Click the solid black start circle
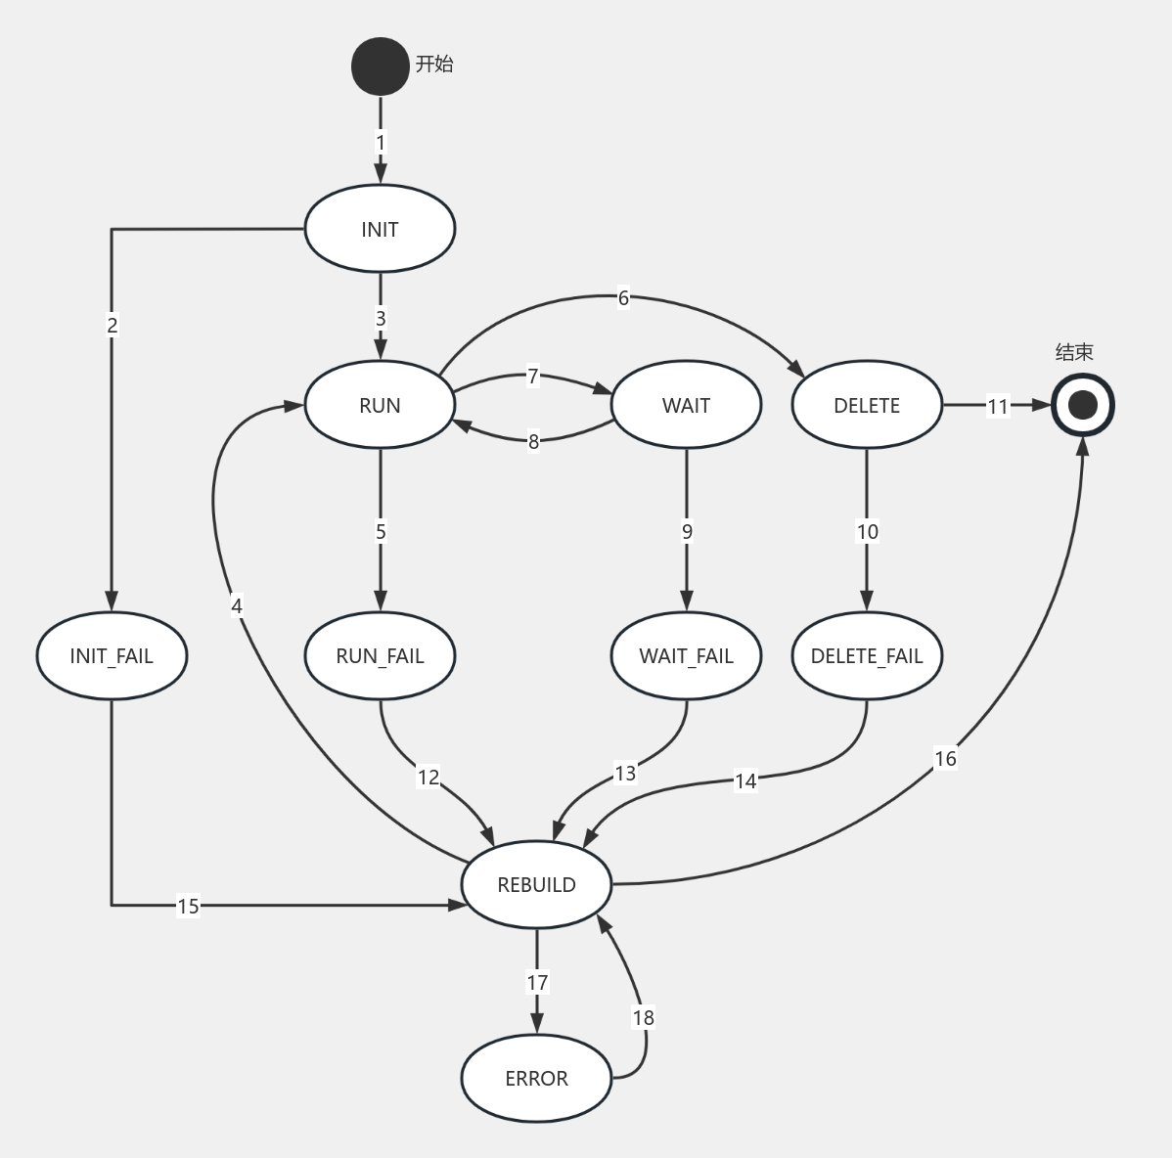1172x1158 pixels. click(x=381, y=67)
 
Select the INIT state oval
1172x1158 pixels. click(x=380, y=229)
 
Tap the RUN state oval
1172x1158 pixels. click(x=380, y=405)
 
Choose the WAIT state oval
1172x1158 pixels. click(x=686, y=405)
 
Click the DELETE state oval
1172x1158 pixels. click(x=867, y=405)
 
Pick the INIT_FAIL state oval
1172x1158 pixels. click(x=112, y=655)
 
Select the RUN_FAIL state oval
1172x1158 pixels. click(x=380, y=655)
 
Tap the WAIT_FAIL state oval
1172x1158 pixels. click(x=686, y=655)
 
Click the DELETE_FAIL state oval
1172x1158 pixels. click(x=867, y=655)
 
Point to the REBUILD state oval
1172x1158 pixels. click(x=536, y=884)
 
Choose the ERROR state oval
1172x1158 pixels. click(x=536, y=1078)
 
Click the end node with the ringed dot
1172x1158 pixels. click(x=1083, y=405)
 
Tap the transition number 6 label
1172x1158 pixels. click(x=623, y=297)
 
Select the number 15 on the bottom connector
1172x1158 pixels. click(x=188, y=906)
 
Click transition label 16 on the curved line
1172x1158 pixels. click(x=945, y=758)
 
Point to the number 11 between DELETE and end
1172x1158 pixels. click(x=997, y=406)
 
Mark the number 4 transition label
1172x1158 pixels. click(x=237, y=605)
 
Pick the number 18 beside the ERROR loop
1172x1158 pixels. click(x=643, y=1017)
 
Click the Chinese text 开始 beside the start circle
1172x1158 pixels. click(x=434, y=65)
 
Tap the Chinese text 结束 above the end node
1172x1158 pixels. click(x=1074, y=352)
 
